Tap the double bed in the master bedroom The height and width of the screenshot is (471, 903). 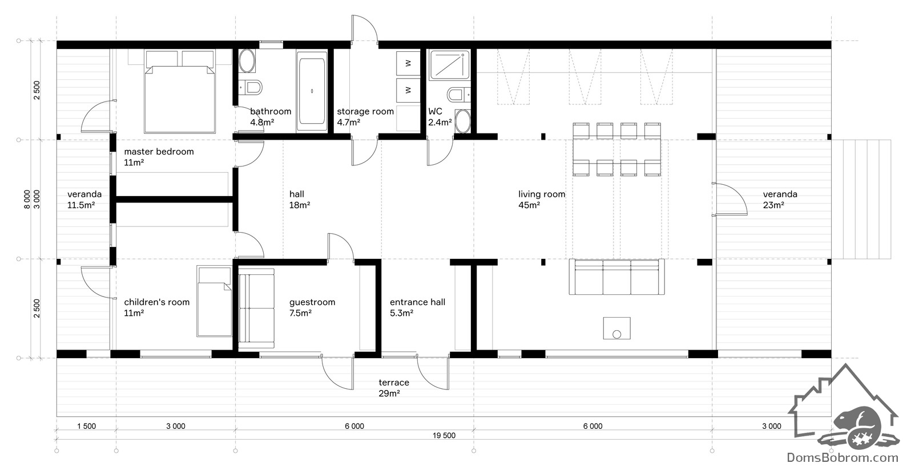pyautogui.click(x=179, y=92)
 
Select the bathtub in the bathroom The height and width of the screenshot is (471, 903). pyautogui.click(x=312, y=91)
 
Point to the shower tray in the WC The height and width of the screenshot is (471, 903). pyautogui.click(x=449, y=64)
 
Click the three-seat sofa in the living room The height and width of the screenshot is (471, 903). pyautogui.click(x=617, y=277)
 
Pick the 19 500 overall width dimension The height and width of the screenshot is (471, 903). pyautogui.click(x=444, y=436)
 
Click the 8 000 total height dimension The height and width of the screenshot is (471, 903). pyautogui.click(x=27, y=199)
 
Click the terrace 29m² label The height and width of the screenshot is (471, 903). pyautogui.click(x=393, y=388)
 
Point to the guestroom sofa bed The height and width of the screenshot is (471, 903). pyautogui.click(x=256, y=308)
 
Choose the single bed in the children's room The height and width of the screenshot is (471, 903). pyautogui.click(x=214, y=301)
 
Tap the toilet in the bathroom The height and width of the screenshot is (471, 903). pyautogui.click(x=251, y=87)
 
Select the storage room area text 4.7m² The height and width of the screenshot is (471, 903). pyautogui.click(x=349, y=123)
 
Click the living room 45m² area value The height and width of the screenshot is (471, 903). pyautogui.click(x=529, y=205)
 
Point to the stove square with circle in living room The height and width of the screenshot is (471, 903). pyautogui.click(x=617, y=328)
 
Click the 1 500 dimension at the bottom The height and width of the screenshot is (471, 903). pyautogui.click(x=86, y=426)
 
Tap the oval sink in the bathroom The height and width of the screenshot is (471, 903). pyautogui.click(x=247, y=61)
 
